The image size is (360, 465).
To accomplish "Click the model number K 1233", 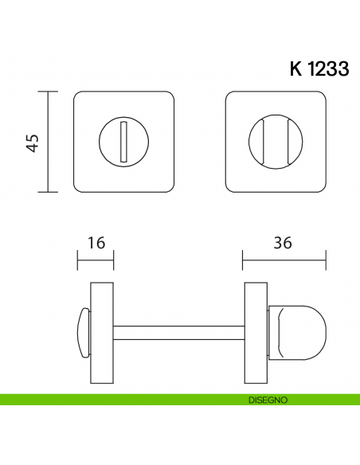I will [x=319, y=68].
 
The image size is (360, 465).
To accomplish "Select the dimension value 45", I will [x=33, y=143].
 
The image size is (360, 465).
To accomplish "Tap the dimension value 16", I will [x=96, y=242].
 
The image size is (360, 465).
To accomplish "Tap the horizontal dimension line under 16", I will [x=96, y=259].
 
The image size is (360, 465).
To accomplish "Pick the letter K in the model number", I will [x=295, y=68].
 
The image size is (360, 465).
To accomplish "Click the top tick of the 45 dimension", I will [x=50, y=93].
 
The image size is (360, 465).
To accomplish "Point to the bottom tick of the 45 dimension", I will [x=50, y=193].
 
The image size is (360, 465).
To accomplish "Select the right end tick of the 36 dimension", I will [x=326, y=259].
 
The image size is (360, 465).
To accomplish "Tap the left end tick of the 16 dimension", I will [x=77, y=259].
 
